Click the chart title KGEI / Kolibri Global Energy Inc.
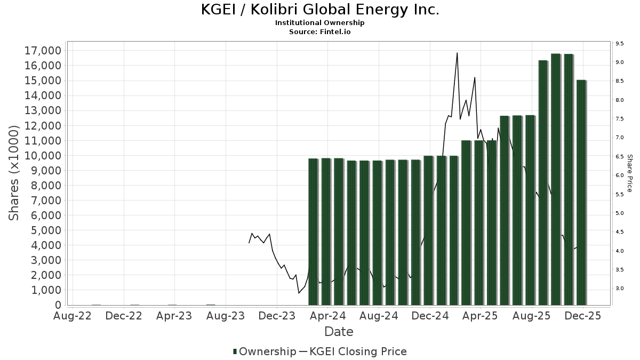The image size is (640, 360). pos(320,10)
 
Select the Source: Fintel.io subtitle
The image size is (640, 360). pos(320,31)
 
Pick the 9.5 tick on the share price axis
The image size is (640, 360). pos(619,44)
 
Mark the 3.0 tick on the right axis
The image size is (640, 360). pos(619,289)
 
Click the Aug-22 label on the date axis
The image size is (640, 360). pos(73,316)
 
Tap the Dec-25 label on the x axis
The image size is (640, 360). pos(583,316)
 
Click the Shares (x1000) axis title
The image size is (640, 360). pos(14,172)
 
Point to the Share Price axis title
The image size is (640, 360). pos(629,173)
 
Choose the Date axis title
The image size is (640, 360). pos(339,332)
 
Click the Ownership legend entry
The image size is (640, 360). pos(265,351)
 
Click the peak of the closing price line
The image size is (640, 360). pos(457,53)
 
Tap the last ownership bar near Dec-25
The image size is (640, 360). pos(581,192)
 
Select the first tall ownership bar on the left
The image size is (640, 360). pos(313,232)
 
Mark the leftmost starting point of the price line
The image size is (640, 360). pos(249,243)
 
